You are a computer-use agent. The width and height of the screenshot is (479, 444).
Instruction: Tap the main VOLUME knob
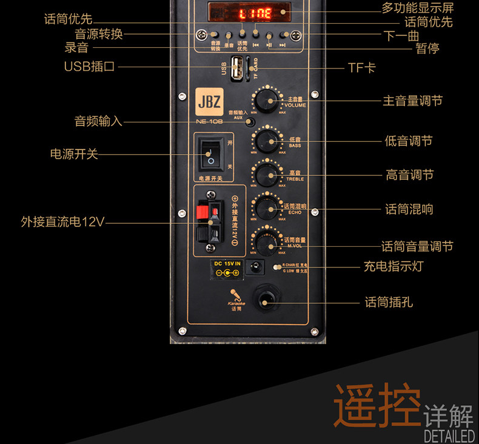(265, 100)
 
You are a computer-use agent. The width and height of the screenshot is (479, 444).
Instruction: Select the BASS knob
(265, 141)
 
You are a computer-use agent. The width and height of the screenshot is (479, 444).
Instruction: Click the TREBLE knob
(265, 175)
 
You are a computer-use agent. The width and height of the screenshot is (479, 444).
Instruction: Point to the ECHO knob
(265, 208)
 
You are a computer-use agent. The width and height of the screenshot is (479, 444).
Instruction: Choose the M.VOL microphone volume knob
(265, 242)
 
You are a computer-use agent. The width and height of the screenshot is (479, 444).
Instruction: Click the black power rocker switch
(210, 153)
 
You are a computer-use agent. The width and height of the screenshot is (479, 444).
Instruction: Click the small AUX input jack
(250, 122)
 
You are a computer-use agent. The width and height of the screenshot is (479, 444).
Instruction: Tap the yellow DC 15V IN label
(227, 263)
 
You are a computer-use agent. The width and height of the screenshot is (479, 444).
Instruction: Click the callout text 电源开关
(73, 154)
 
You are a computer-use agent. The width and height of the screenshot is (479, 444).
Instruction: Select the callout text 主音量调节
(412, 100)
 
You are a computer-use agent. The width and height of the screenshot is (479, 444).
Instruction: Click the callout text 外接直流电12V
(62, 222)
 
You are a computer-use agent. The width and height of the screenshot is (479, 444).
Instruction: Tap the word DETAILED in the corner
(449, 436)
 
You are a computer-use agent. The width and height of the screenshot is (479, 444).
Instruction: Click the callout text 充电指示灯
(393, 266)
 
